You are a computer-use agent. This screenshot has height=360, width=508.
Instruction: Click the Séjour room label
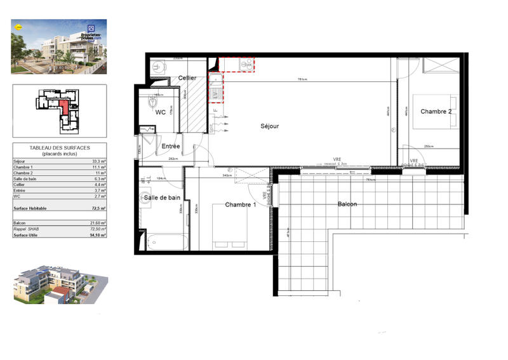click(270, 126)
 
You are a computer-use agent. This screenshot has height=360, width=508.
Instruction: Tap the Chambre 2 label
click(436, 112)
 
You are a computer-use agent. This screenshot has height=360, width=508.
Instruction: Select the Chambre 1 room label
click(241, 204)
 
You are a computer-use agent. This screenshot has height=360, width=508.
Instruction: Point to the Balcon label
click(347, 204)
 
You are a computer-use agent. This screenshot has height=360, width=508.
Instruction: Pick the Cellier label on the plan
click(187, 78)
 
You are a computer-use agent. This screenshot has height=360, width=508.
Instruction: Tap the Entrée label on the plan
click(171, 147)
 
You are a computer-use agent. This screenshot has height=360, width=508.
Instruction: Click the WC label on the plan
click(161, 112)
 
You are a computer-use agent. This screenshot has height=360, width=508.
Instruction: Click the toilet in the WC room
click(152, 102)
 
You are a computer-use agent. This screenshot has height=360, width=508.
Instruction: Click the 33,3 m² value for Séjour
click(99, 162)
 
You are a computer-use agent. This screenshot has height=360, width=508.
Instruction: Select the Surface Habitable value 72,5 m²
click(98, 208)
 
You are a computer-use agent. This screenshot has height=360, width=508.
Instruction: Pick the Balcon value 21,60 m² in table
click(97, 223)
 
